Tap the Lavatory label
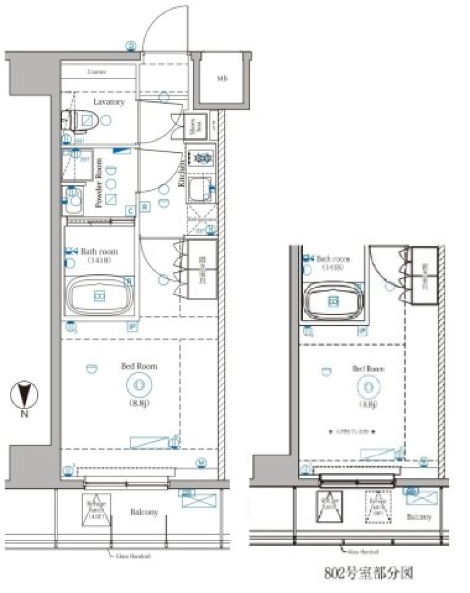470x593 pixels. [109, 102]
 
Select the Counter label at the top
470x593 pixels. [96, 72]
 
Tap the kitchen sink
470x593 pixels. [199, 190]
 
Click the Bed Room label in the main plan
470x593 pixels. [139, 366]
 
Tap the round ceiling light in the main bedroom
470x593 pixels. [138, 385]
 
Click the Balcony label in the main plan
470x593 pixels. [144, 512]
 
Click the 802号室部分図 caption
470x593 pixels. [369, 572]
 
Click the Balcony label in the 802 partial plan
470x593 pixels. [419, 517]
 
